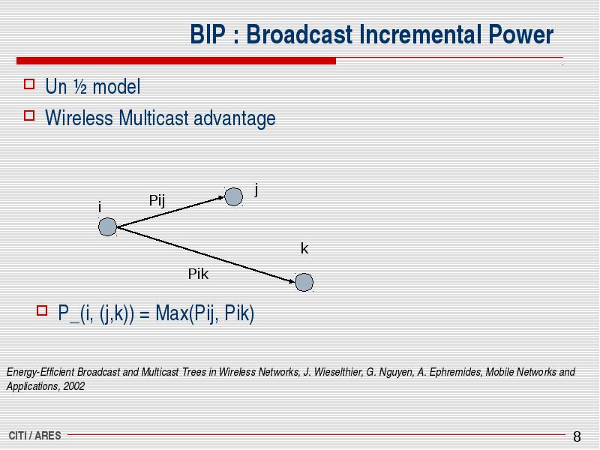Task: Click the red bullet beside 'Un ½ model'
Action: click(29, 84)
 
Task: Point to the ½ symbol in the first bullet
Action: click(80, 87)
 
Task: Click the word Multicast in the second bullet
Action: click(154, 118)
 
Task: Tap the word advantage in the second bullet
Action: click(235, 118)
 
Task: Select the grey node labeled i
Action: click(107, 227)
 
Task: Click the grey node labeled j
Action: click(233, 197)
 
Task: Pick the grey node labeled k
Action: click(304, 283)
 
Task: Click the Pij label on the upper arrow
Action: click(157, 200)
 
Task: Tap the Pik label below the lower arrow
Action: click(198, 274)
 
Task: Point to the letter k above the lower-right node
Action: click(304, 249)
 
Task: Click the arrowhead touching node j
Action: click(221, 197)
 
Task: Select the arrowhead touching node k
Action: click(292, 281)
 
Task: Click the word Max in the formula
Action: click(172, 313)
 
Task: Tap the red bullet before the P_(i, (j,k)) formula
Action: click(42, 310)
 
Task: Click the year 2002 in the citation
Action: click(73, 386)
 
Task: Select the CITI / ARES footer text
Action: click(34, 436)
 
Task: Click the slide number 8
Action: click(577, 436)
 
